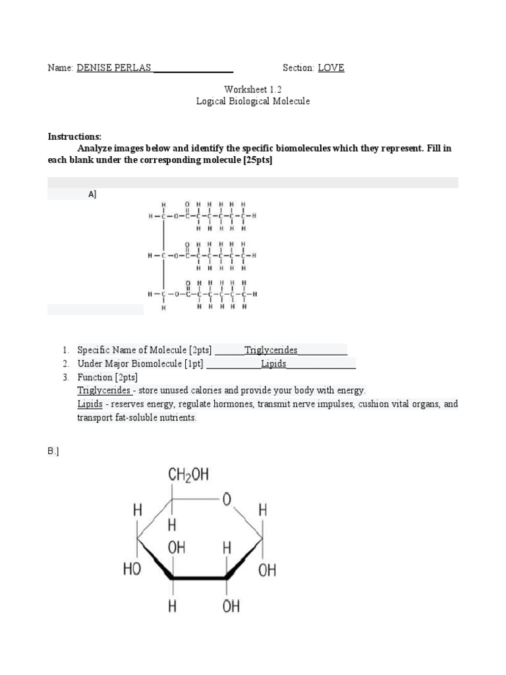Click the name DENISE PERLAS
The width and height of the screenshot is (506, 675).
[114, 68]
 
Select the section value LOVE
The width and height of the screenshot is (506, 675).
[331, 68]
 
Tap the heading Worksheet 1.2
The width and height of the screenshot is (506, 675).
[252, 89]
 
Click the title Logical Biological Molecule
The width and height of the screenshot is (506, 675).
[252, 102]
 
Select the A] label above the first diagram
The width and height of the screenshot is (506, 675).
[92, 194]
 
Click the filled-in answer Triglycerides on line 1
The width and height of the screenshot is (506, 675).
[271, 350]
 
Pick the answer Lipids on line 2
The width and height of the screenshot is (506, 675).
[273, 363]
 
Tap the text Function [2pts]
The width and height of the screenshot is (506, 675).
[107, 377]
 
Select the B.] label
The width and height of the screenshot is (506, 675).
[53, 452]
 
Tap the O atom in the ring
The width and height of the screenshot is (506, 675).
[226, 500]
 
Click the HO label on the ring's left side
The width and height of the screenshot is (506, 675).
[132, 569]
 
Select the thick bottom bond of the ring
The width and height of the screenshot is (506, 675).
[200, 578]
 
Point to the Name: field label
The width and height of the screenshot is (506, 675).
[60, 68]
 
